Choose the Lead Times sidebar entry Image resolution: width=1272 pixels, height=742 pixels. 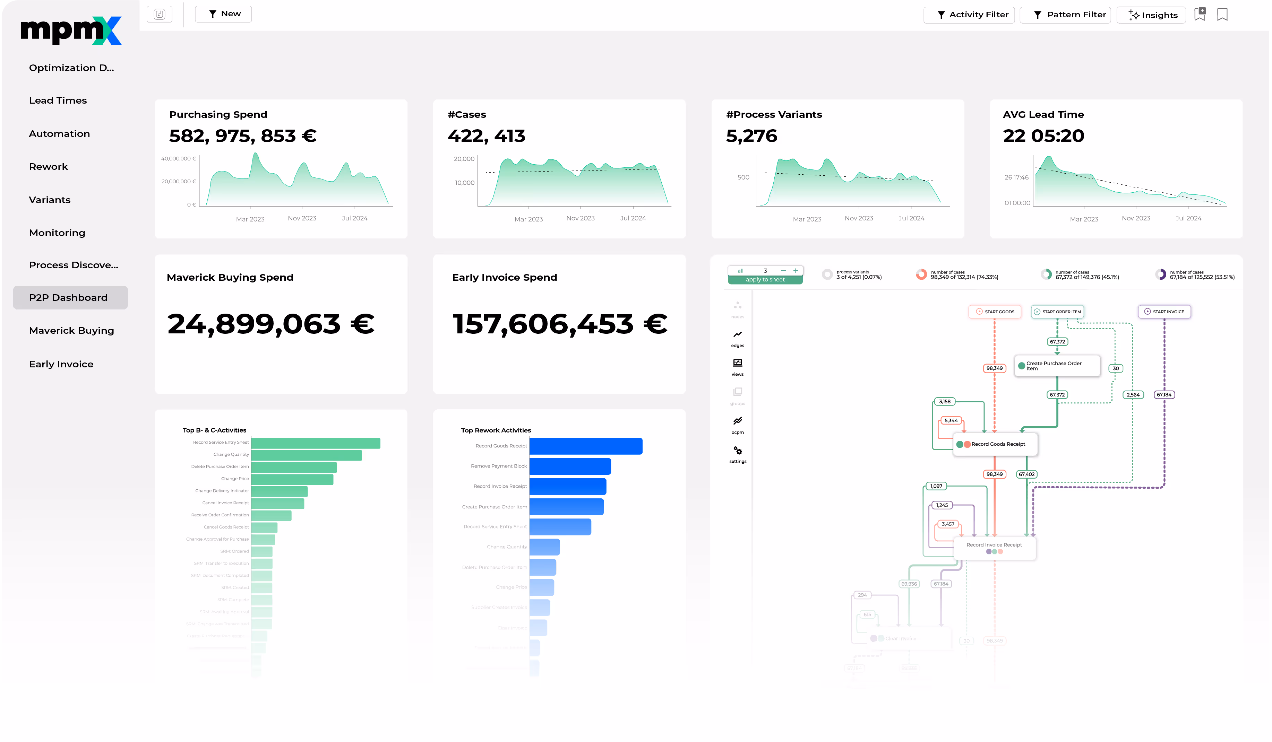(x=58, y=101)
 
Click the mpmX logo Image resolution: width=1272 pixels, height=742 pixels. (x=71, y=30)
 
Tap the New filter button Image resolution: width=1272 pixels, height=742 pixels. (x=224, y=14)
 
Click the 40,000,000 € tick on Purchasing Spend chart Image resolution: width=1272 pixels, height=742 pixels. (x=178, y=158)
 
